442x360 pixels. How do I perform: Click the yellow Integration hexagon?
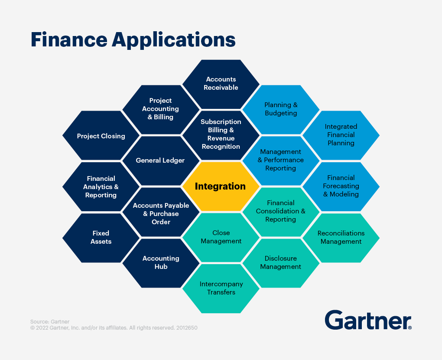click(221, 187)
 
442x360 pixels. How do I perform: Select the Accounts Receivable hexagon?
click(221, 84)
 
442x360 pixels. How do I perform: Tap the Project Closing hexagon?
click(101, 136)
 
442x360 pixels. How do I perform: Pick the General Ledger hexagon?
click(160, 160)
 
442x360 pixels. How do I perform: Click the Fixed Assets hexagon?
click(101, 237)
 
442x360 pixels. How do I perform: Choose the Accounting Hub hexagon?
click(161, 262)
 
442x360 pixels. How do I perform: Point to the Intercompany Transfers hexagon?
click(221, 288)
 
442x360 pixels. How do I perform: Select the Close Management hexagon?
click(221, 237)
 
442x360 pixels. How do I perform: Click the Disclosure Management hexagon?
click(280, 262)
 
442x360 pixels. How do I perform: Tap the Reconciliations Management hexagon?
click(341, 237)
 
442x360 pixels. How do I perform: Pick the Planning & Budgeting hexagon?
click(281, 109)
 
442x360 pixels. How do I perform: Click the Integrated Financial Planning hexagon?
click(341, 135)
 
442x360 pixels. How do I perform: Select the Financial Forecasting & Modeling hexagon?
click(341, 186)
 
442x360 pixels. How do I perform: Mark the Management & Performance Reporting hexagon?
click(280, 160)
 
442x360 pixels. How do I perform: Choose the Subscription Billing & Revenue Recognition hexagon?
click(221, 134)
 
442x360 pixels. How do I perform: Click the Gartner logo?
click(368, 320)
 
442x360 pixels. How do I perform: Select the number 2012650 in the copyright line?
click(187, 328)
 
